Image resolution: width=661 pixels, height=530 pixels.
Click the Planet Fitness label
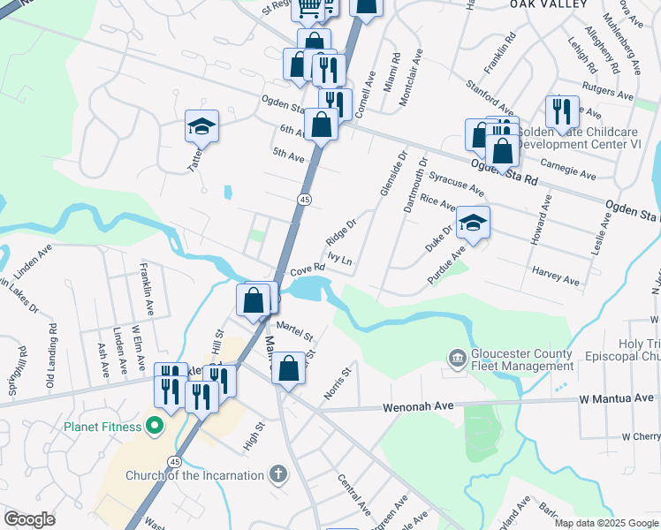pyautogui.click(x=102, y=428)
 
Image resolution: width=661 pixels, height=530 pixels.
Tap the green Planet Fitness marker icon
pyautogui.click(x=154, y=428)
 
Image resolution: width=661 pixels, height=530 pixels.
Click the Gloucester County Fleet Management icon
pyautogui.click(x=457, y=358)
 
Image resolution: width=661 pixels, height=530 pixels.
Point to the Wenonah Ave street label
pyautogui.click(x=417, y=408)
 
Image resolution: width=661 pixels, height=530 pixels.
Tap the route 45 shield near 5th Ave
pyautogui.click(x=304, y=201)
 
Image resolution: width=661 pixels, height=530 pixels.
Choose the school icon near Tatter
pyautogui.click(x=201, y=127)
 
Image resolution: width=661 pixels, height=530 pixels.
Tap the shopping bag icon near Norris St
pyautogui.click(x=288, y=367)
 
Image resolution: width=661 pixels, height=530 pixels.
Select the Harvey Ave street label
pyautogui.click(x=555, y=276)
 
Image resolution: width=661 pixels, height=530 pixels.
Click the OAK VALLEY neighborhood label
pyautogui.click(x=549, y=4)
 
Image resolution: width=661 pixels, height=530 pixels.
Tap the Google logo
pyautogui.click(x=30, y=519)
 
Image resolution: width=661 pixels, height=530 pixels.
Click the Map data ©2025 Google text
pyautogui.click(x=605, y=523)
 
